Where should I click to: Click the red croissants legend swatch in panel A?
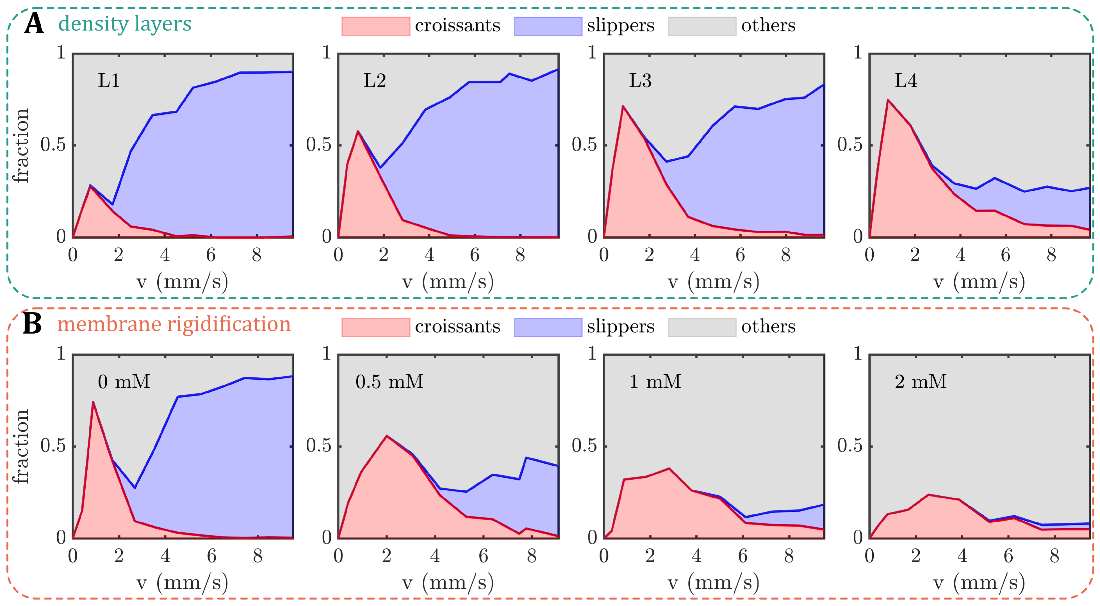(x=375, y=26)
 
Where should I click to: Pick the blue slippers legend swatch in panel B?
(x=548, y=327)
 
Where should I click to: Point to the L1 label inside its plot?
(x=109, y=80)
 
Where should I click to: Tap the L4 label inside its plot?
(x=906, y=80)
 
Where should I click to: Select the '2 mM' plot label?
(x=920, y=381)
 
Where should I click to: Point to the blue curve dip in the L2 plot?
(x=380, y=167)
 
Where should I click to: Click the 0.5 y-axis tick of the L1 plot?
(x=53, y=145)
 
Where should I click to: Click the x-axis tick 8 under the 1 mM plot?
(x=789, y=556)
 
